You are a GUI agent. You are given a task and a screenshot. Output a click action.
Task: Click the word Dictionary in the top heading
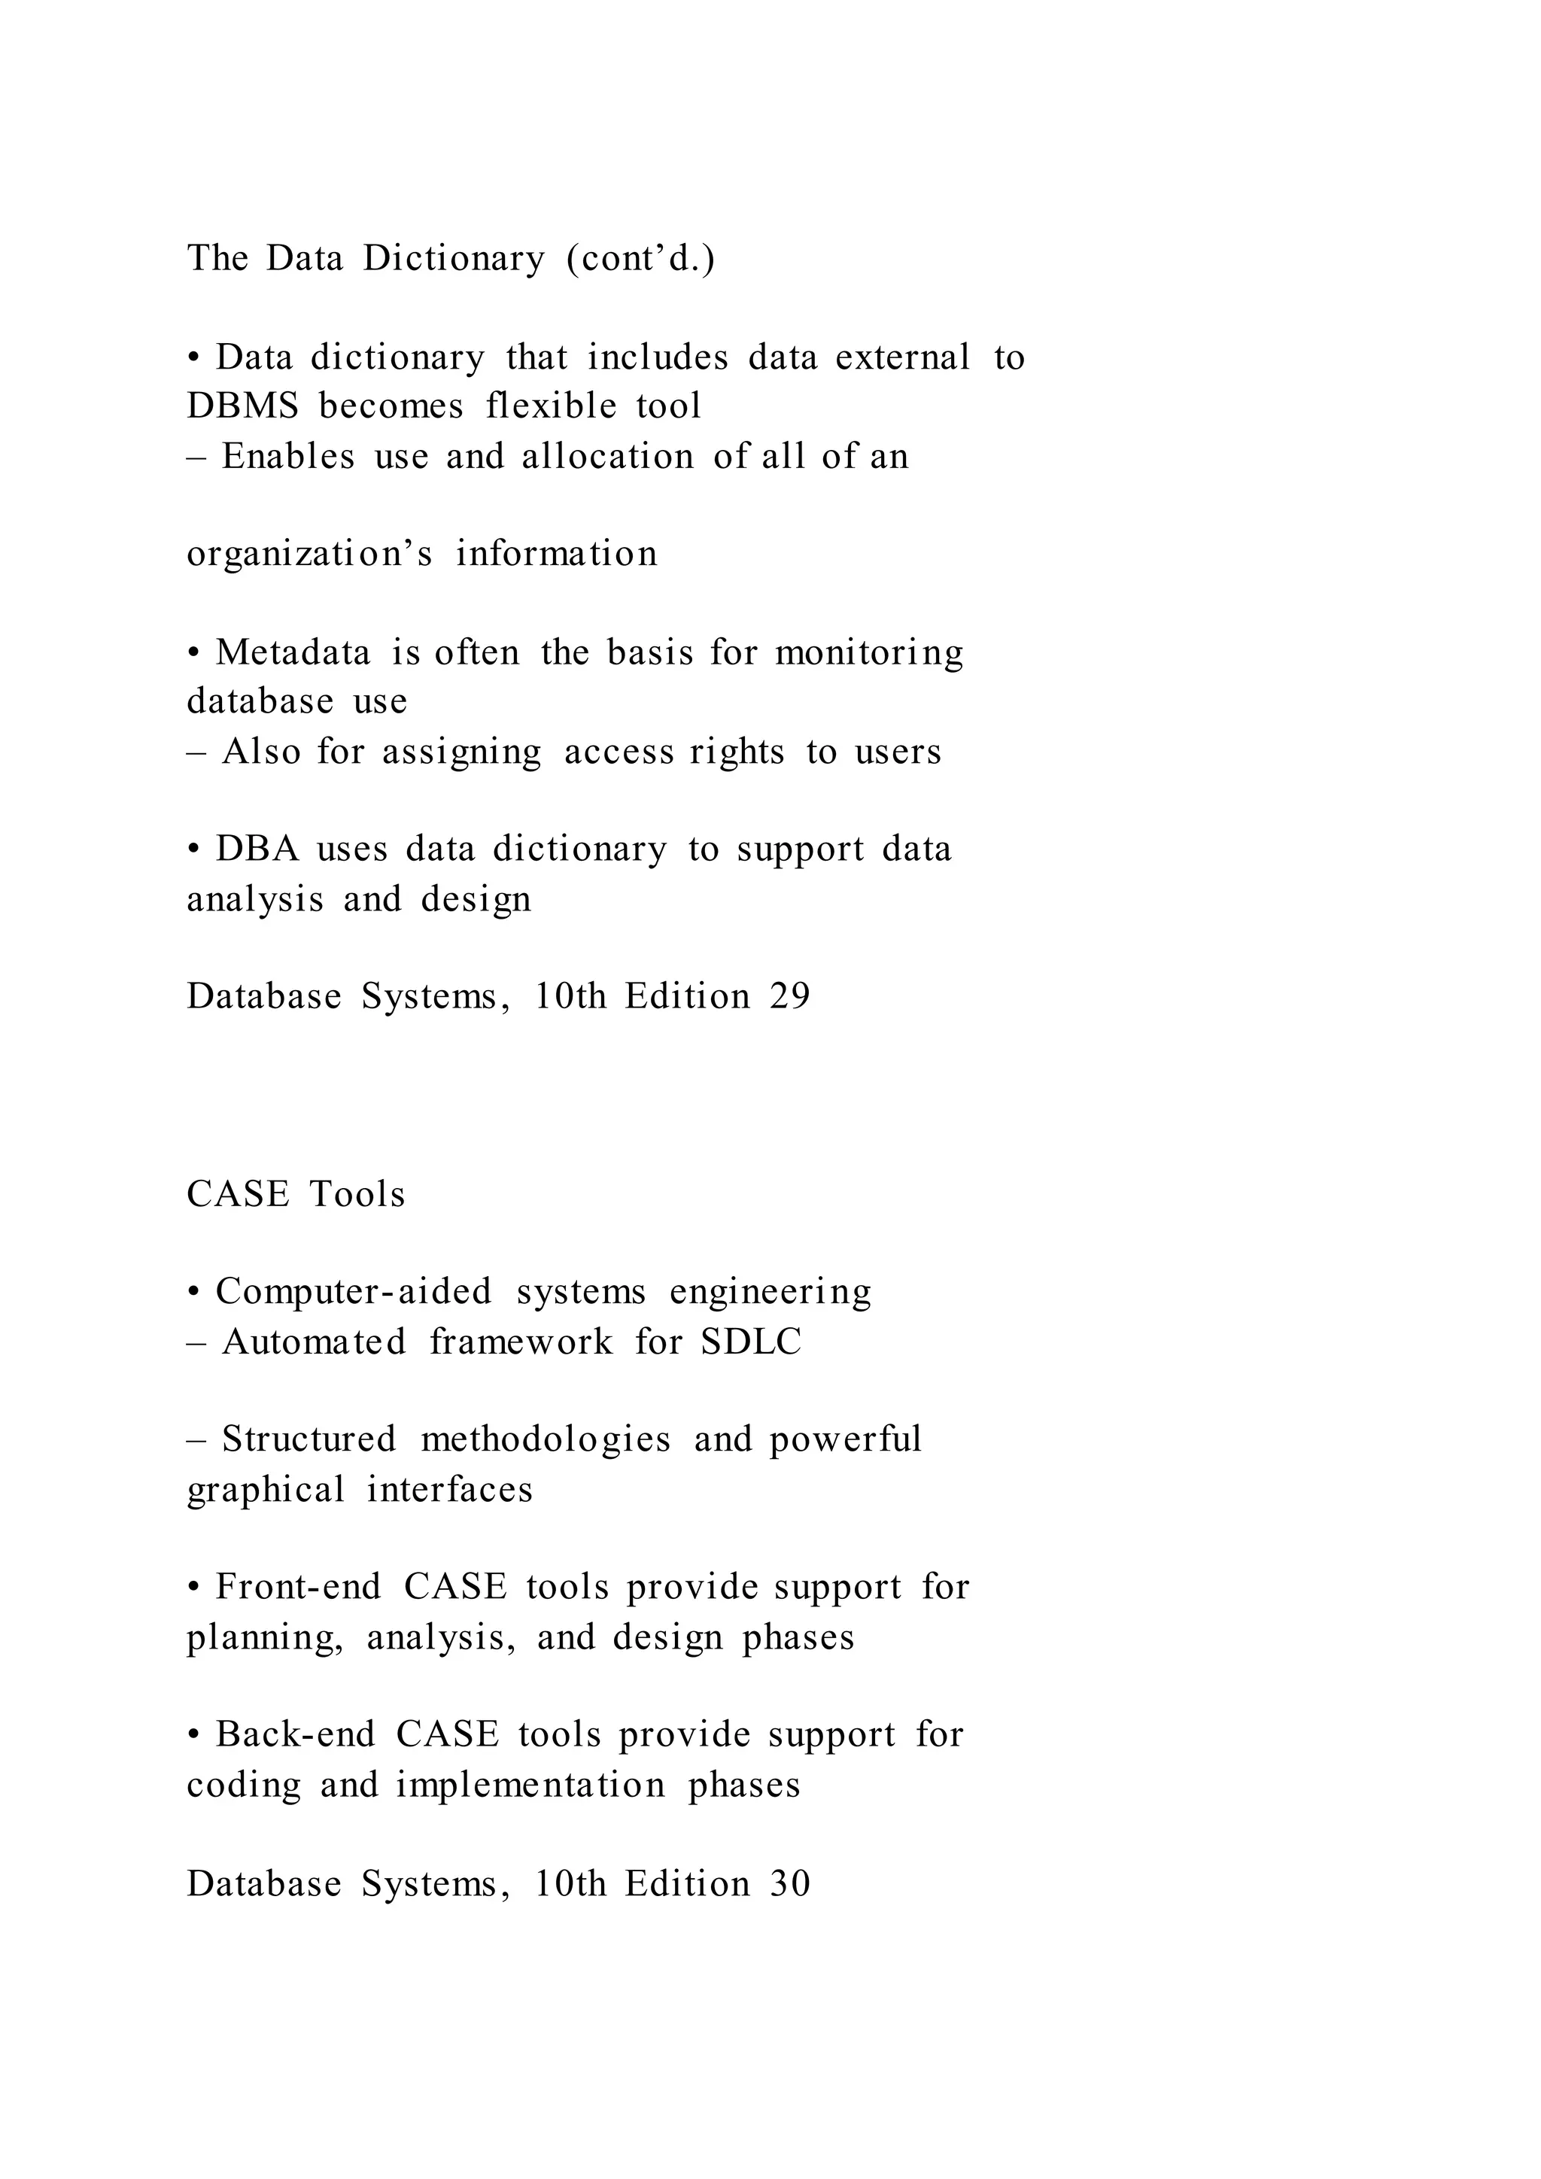point(454,258)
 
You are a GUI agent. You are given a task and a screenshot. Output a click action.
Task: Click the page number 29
point(789,996)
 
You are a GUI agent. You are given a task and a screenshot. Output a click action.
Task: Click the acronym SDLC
point(751,1342)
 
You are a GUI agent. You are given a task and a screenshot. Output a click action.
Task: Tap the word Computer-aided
point(353,1292)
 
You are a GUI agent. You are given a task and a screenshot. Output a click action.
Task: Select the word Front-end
point(298,1587)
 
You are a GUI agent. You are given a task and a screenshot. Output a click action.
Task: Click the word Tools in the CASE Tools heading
point(357,1194)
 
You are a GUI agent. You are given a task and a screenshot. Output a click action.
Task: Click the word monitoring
point(869,653)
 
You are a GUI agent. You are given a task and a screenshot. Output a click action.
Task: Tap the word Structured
point(309,1439)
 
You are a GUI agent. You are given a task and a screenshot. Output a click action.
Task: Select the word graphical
point(266,1490)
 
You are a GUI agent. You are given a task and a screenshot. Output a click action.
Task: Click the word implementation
point(530,1785)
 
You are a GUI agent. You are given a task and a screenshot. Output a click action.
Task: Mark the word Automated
point(313,1342)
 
